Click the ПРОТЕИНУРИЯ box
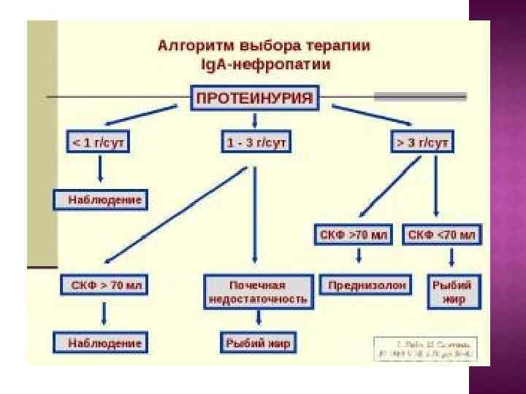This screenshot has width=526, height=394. [x=255, y=98]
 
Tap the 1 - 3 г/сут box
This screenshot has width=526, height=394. [x=255, y=142]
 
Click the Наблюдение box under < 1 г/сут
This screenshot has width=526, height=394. [x=99, y=199]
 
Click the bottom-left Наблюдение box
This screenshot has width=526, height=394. [x=99, y=341]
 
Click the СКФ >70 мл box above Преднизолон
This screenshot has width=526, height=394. [x=354, y=235]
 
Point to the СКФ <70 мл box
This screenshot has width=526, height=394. [x=441, y=235]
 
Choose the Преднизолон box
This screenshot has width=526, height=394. [x=365, y=285]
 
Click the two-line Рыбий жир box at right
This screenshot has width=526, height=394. [x=451, y=291]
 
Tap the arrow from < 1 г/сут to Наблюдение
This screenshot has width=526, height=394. [x=100, y=170]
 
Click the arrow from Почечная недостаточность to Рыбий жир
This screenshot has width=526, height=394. [x=259, y=319]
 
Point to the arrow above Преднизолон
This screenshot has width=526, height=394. [x=359, y=258]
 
